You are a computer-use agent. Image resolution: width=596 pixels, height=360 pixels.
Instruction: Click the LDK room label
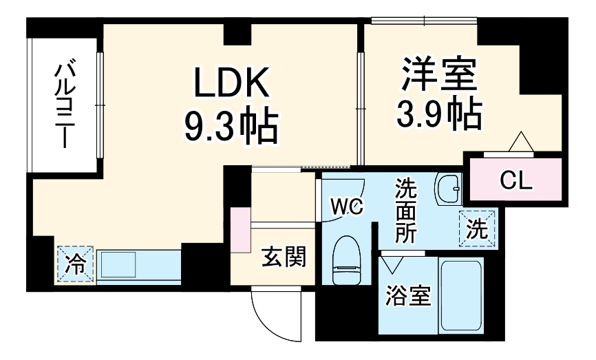coord(230,85)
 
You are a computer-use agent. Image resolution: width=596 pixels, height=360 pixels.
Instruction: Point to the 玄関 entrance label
coord(282,259)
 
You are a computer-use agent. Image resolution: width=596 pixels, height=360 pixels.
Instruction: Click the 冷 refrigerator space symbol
coord(75,264)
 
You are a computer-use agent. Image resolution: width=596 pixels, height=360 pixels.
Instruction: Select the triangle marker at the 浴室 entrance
coord(394,264)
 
